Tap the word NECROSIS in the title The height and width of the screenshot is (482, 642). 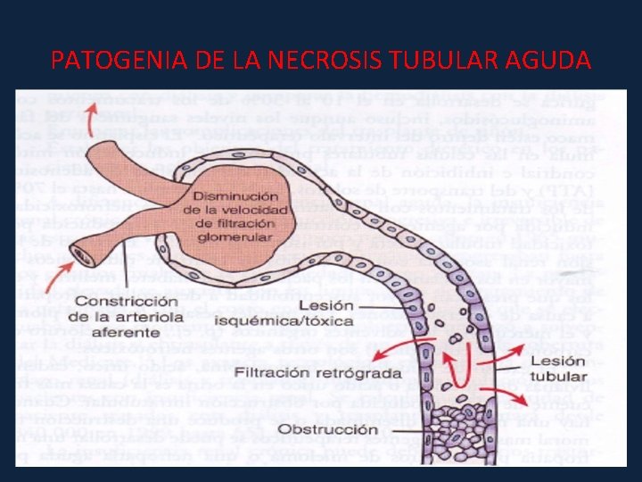325,61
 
